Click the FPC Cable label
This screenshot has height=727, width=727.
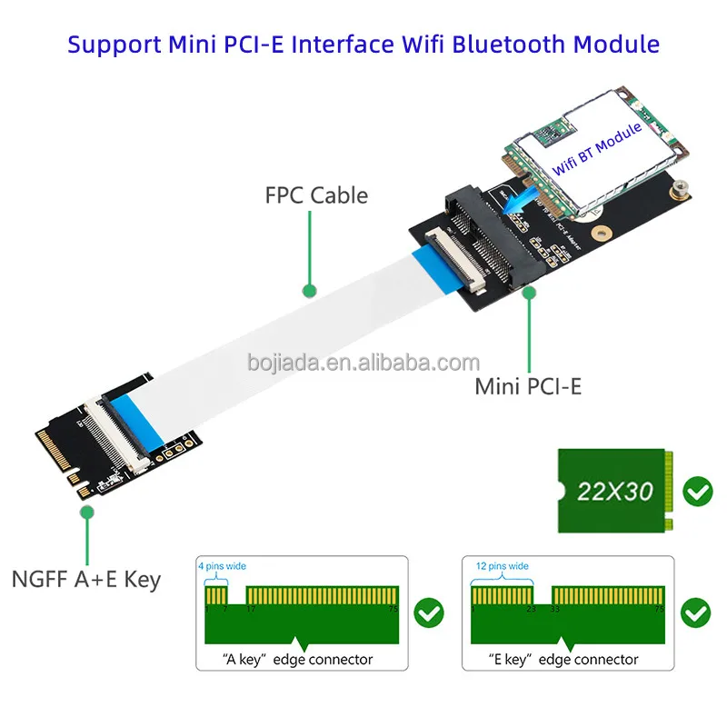point(316,194)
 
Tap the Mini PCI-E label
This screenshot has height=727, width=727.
point(528,385)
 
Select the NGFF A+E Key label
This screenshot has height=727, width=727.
point(86,579)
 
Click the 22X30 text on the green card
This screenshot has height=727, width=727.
point(615,492)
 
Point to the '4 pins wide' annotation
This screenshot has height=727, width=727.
point(222,566)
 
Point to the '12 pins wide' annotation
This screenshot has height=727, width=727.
point(502,566)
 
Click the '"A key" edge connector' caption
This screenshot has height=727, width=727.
point(298,659)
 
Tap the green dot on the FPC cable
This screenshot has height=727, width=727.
point(309,292)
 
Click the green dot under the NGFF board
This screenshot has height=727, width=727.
point(86,512)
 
